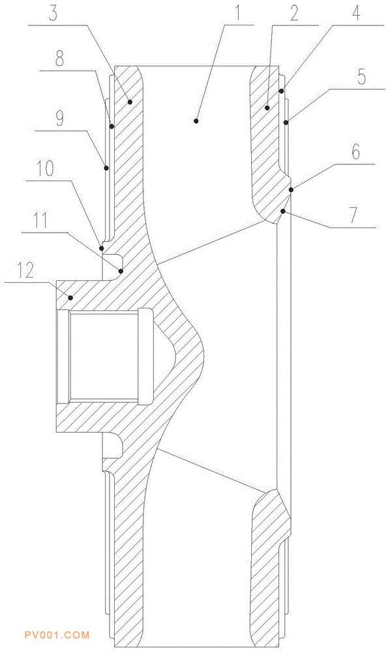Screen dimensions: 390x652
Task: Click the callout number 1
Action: tap(237, 14)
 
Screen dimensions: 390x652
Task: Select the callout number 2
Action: tap(294, 14)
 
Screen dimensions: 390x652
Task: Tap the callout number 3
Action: tap(53, 14)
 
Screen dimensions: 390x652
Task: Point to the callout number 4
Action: tap(356, 14)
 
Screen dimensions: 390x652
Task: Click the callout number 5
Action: tap(362, 76)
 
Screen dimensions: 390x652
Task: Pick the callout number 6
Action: tap(356, 152)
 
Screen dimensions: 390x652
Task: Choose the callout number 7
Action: tap(354, 216)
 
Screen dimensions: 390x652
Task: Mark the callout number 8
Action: tap(60, 59)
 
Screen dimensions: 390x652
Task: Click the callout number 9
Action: tap(60, 119)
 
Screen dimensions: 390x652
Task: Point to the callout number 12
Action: tap(26, 271)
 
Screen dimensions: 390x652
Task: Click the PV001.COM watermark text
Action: tap(57, 635)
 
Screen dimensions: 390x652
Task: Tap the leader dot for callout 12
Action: tap(71, 298)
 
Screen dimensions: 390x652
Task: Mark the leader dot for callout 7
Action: tap(283, 212)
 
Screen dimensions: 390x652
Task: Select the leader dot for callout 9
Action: tap(106, 168)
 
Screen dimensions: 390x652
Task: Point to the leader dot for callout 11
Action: tap(121, 271)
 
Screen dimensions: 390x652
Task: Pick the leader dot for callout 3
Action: tap(130, 102)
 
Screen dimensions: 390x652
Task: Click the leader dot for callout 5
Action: tap(286, 123)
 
